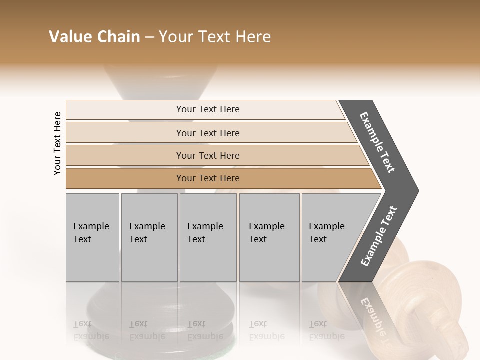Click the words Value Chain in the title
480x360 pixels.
coord(94,37)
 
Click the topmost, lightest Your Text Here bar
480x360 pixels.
coord(207,109)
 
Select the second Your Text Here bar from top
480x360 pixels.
coord(207,133)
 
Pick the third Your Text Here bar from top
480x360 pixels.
coord(207,155)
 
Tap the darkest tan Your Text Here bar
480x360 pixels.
coord(207,178)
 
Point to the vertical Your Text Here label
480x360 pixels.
coord(57,143)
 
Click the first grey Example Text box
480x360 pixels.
coord(92,237)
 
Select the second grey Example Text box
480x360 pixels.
coord(149,237)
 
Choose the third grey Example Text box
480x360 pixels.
coord(208,237)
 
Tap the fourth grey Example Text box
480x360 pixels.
coord(269,237)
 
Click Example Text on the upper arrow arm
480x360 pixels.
coord(377,142)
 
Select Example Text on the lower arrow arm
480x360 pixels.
coord(378,236)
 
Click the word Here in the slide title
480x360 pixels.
coord(253,37)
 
